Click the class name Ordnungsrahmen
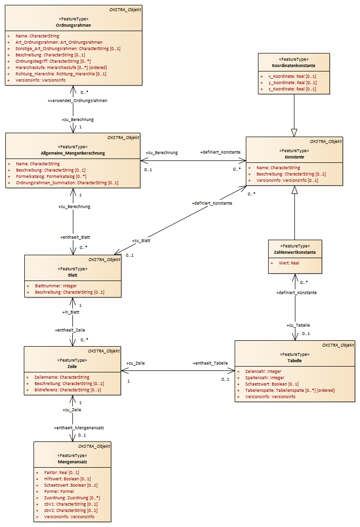click(x=73, y=25)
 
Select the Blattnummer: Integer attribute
click(x=56, y=286)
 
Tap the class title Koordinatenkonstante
click(x=293, y=66)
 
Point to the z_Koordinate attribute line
click(x=292, y=89)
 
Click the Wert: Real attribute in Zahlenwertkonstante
click(x=289, y=263)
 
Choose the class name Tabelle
click(x=294, y=361)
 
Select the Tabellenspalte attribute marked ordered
click(x=290, y=390)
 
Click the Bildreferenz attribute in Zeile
click(x=68, y=390)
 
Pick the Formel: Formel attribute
click(x=59, y=492)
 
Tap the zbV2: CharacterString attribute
click(x=71, y=510)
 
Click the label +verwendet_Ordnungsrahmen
click(x=77, y=101)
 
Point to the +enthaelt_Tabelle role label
click(x=210, y=363)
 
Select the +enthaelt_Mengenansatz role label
click(x=79, y=428)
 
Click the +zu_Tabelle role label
click(x=298, y=325)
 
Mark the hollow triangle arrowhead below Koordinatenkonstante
click(x=294, y=133)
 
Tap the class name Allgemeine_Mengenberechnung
click(x=73, y=153)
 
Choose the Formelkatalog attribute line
click(x=51, y=176)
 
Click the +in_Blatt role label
click(x=70, y=312)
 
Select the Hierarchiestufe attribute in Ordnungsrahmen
click(x=61, y=68)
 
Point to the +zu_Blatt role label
click(x=141, y=241)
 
